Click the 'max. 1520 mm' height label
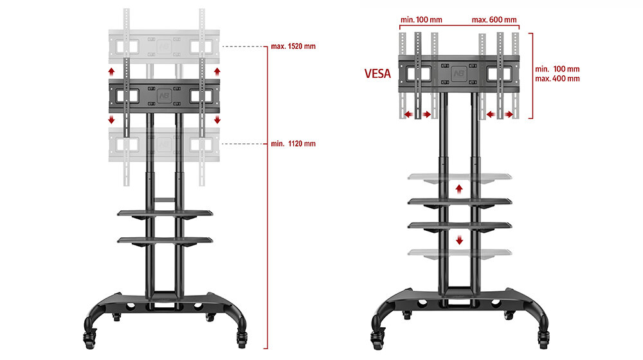294,47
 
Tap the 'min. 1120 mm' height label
294,143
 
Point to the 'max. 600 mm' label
494,20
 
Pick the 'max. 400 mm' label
557,78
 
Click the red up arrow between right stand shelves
459,188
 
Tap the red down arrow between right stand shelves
459,240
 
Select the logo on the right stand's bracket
458,72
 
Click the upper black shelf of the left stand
165,212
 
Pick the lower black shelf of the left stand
165,240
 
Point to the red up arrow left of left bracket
111,71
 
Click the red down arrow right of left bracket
217,120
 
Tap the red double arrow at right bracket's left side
418,114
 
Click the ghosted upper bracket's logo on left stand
165,46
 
